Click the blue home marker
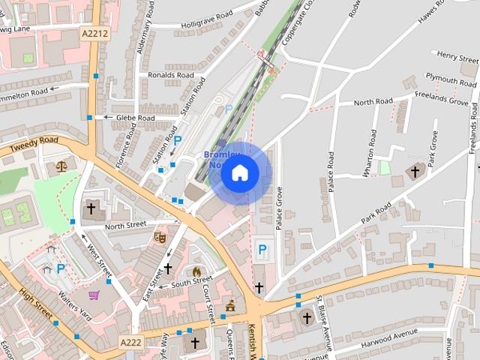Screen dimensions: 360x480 point(239,174)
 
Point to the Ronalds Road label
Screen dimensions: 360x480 point(171,75)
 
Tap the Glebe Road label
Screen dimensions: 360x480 point(135,118)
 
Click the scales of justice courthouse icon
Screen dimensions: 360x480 point(61,166)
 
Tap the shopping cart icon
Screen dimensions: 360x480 point(94,295)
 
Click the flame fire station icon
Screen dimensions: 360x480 point(197,271)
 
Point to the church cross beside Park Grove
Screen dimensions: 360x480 point(414,172)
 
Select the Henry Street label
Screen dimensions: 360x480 point(458,55)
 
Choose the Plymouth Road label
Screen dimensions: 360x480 point(451,78)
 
